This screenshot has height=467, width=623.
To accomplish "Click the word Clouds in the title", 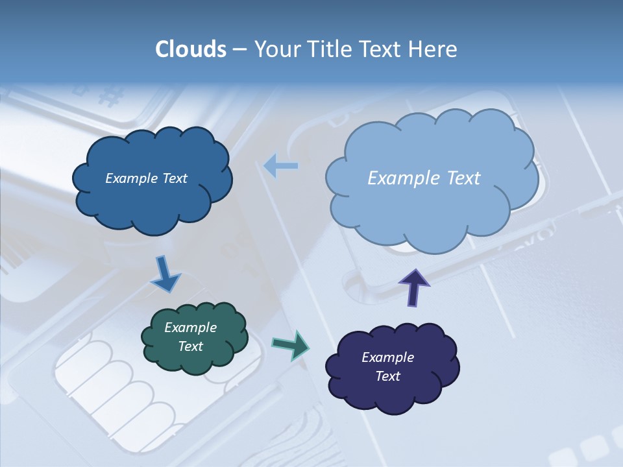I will point(191,49).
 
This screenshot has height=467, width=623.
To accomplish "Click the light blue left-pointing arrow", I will point(280,166).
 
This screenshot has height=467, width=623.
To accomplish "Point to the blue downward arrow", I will point(165,274).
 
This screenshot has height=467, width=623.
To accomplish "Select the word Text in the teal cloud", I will point(191,347).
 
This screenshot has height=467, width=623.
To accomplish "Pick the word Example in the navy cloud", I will point(387,357).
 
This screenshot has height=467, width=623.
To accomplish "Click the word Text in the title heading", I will point(381,49).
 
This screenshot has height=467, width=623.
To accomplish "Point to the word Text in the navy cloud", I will point(387,376).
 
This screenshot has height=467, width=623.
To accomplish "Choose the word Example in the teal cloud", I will point(191,328).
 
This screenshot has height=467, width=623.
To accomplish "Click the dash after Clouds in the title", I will point(239,50).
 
